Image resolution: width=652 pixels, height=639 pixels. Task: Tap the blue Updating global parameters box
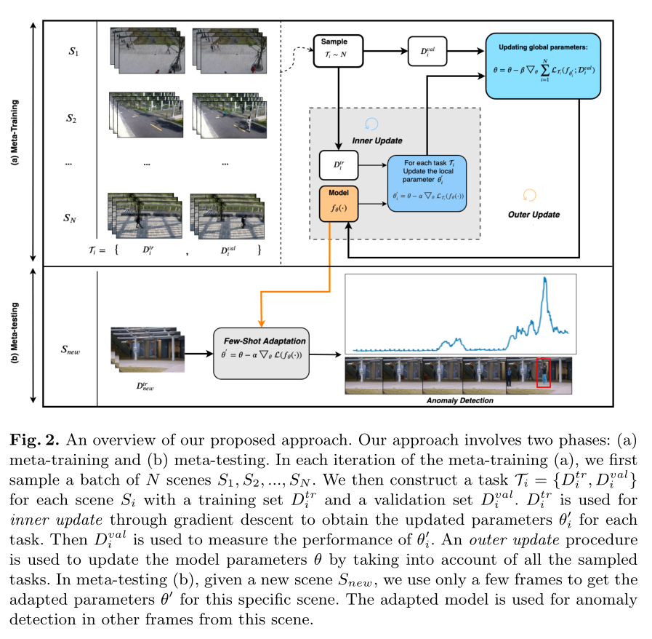click(543, 66)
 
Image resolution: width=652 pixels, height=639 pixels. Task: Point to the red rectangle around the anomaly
click(544, 373)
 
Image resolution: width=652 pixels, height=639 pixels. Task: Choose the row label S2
click(71, 119)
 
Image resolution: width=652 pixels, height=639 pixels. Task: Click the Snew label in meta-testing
click(70, 351)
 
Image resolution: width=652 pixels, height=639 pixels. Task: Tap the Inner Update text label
click(377, 140)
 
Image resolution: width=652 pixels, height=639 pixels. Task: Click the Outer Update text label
click(534, 215)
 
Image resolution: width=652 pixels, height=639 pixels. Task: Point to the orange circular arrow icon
click(529, 195)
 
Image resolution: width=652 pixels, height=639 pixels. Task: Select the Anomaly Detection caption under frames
click(459, 400)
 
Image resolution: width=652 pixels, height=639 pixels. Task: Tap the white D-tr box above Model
click(338, 165)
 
